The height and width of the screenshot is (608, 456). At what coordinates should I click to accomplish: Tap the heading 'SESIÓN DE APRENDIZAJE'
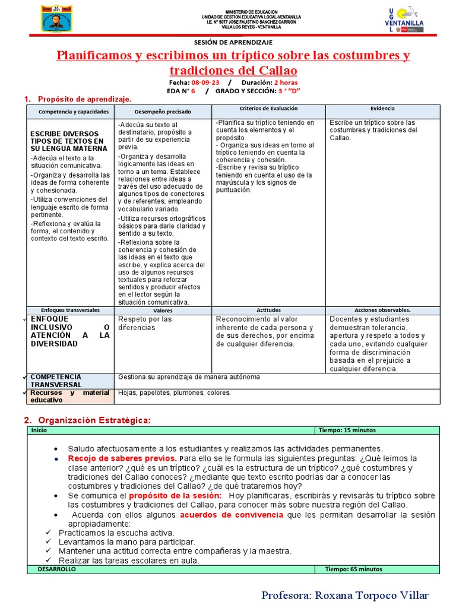point(233,43)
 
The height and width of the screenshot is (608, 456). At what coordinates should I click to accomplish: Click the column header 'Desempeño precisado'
point(163,112)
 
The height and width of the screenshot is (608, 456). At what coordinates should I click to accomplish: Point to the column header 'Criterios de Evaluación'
point(268,109)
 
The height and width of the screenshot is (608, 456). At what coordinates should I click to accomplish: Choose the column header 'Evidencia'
point(383,109)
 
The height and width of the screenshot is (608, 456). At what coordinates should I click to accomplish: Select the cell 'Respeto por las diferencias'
point(145,323)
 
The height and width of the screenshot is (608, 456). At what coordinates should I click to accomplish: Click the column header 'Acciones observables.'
point(382,310)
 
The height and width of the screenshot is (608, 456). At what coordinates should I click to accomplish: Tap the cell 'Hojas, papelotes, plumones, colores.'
point(175,392)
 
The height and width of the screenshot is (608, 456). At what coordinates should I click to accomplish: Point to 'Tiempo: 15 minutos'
point(347,430)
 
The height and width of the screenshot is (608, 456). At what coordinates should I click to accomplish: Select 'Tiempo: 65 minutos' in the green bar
point(354,569)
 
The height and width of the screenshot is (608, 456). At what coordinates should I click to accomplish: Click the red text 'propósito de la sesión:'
point(175,495)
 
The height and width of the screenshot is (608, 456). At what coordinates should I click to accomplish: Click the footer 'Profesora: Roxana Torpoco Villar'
point(344,595)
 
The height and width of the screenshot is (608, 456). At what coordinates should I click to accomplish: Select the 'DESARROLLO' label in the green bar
point(56,569)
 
